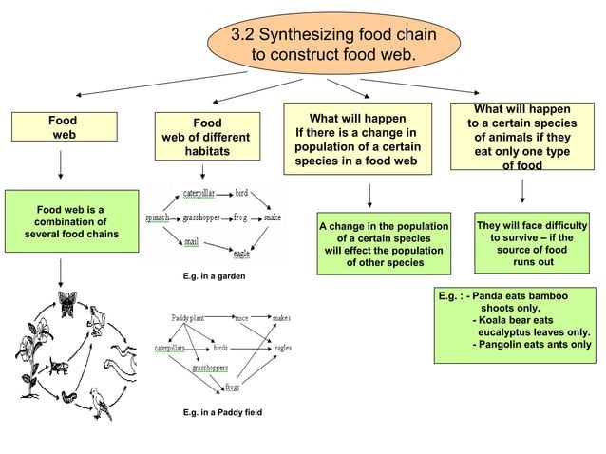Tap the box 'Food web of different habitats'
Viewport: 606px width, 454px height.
coord(206,138)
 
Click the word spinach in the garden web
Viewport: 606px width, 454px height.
coord(158,218)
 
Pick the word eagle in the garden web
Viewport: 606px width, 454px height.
coord(242,254)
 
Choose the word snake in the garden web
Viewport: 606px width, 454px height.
coord(272,218)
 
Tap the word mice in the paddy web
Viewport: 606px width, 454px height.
coord(241,318)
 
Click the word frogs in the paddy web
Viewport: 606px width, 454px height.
coord(232,387)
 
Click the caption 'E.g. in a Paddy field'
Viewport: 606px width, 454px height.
coord(221,413)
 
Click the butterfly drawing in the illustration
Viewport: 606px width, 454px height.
coord(67,303)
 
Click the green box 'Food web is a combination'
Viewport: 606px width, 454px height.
coord(69,221)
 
